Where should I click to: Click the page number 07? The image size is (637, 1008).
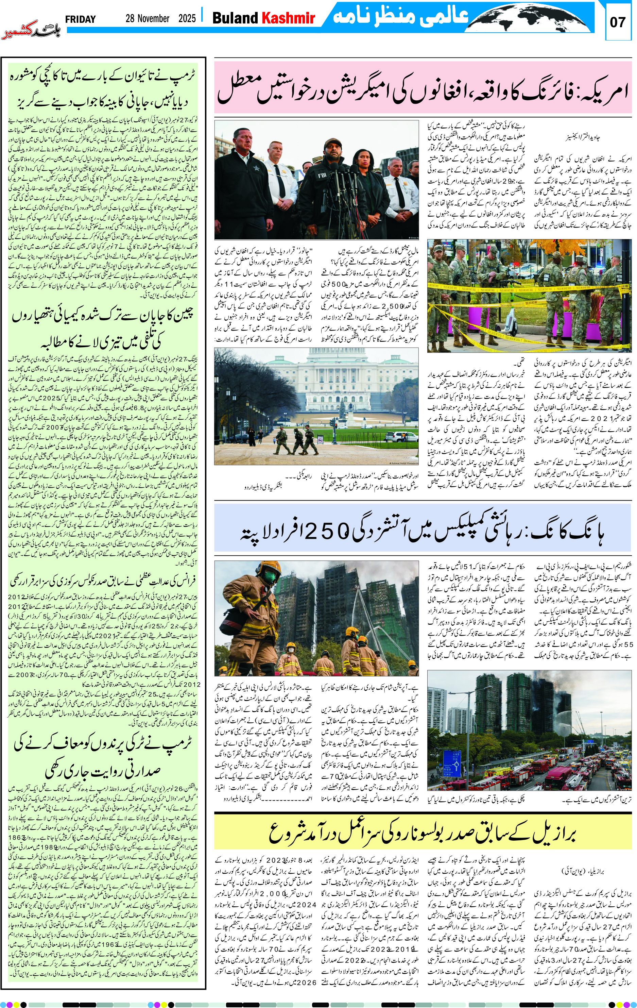coord(617,22)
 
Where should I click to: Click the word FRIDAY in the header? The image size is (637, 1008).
coord(80,19)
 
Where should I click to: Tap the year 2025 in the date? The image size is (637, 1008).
coord(187,18)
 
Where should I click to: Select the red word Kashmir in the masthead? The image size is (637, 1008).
coord(288,18)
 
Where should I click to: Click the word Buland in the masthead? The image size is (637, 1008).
coord(235,18)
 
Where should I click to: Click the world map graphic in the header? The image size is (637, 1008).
coord(532,18)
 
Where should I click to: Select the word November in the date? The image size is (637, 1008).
coord(147,18)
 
